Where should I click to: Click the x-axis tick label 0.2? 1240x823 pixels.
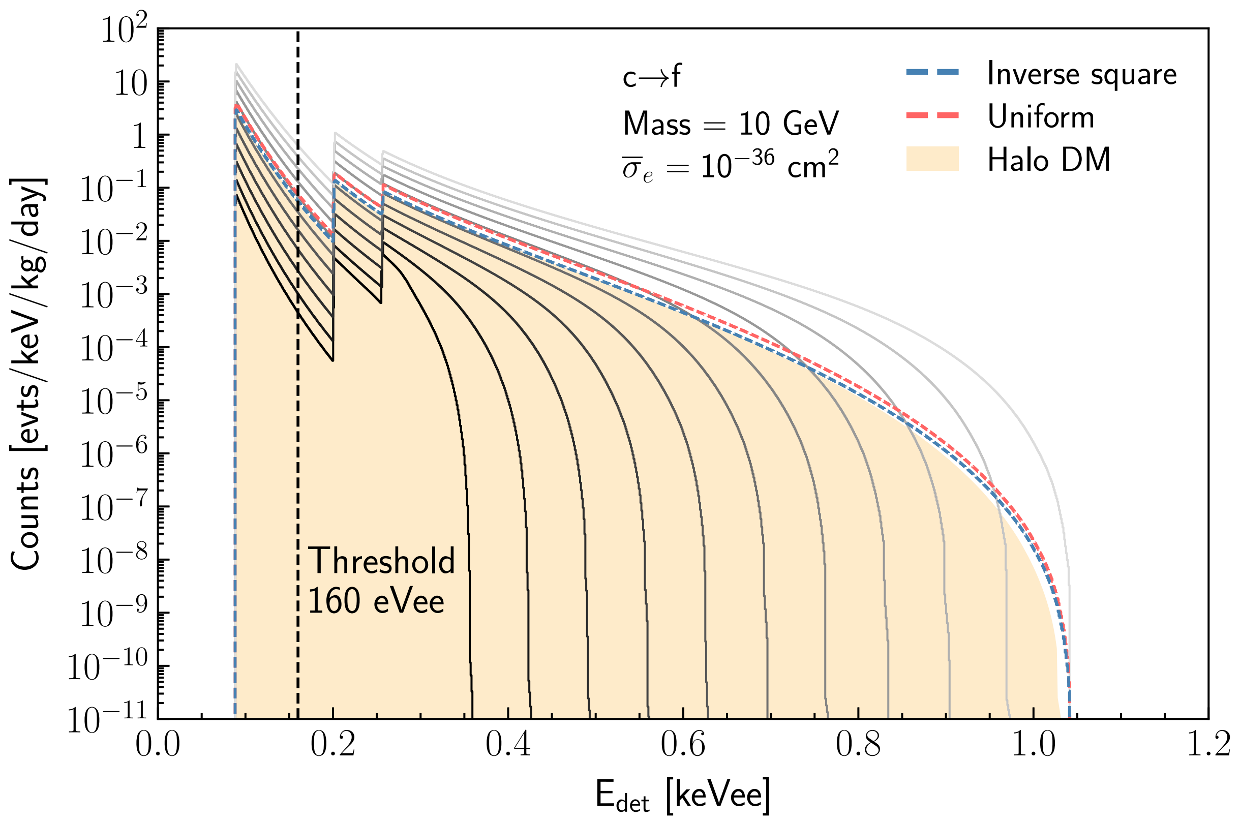333,745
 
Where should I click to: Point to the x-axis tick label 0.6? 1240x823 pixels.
683,745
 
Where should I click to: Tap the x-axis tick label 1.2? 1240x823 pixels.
1208,745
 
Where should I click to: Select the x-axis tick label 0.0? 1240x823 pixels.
158,745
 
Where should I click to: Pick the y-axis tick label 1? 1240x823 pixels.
139,138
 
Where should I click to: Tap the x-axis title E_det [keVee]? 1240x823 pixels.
683,796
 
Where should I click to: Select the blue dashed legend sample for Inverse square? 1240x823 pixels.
932,73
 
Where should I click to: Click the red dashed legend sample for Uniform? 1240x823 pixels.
932,116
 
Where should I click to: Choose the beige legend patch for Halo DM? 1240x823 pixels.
932,159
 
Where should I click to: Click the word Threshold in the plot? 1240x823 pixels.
381,561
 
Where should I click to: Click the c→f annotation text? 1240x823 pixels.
651,78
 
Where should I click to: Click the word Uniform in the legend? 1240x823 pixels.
1041,116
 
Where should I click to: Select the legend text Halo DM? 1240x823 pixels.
1049,160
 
